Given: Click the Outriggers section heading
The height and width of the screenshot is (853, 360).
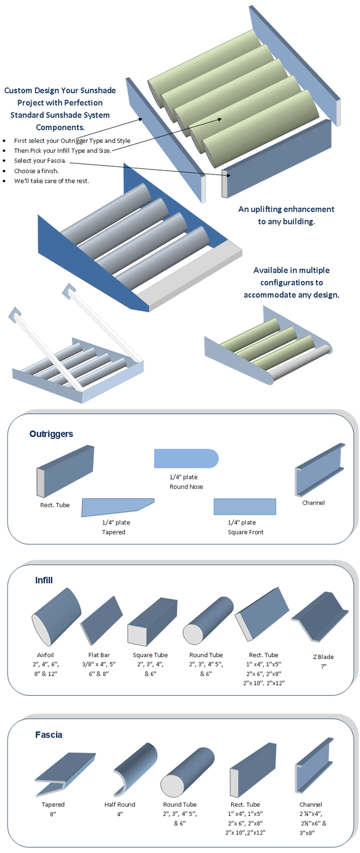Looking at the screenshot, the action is pos(51,434).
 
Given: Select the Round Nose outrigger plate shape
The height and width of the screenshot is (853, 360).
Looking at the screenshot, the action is pos(186,458).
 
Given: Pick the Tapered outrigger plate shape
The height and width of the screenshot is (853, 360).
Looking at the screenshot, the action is pos(118,507).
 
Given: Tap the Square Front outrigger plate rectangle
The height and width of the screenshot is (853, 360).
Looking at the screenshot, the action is pos(245,507).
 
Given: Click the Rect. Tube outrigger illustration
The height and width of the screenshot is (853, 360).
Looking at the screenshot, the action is pos(65,471).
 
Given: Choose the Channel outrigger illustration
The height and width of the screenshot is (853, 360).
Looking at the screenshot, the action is pos(320,469).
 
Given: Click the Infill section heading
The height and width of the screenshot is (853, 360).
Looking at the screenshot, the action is pos(44,580).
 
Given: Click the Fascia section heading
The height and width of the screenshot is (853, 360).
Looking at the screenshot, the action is pos(48,735).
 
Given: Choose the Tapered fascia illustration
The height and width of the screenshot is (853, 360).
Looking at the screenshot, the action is pos(65,774).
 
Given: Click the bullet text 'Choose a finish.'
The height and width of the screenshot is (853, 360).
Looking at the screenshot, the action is pos(36,171).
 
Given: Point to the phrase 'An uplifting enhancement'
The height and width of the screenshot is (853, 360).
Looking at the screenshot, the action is pos(286,209).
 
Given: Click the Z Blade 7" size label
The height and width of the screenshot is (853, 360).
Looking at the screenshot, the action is pos(323,666).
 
